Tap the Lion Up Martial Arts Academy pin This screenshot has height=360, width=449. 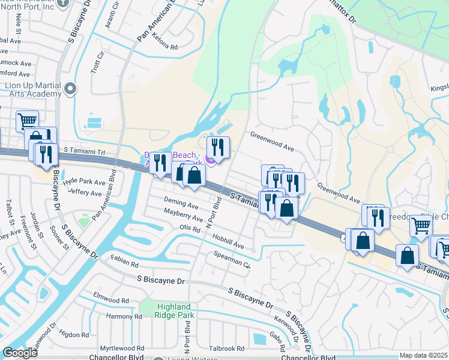coord(70,89)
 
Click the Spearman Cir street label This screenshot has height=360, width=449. coord(232,259)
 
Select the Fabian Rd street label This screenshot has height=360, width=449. coord(125,261)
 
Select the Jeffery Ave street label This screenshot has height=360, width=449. coord(85,193)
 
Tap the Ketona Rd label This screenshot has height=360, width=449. coord(166,47)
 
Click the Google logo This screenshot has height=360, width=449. coord(20,353)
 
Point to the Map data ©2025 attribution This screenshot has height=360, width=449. coord(423,355)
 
